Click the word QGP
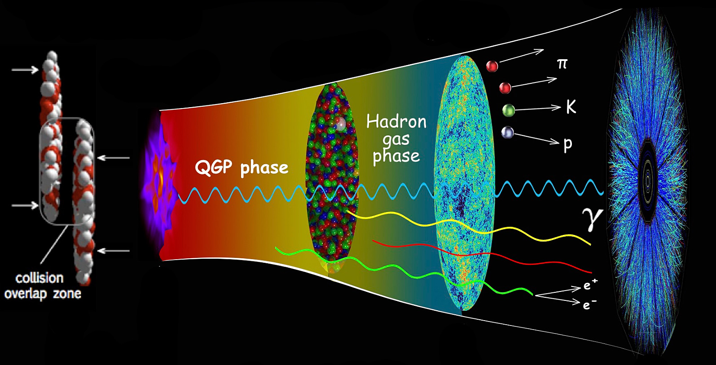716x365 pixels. (213, 168)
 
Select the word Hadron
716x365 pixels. (396, 122)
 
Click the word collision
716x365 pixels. (40, 278)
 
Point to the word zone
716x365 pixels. (67, 293)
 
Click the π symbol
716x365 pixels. (562, 64)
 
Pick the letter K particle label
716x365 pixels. (571, 107)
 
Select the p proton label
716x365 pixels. (567, 145)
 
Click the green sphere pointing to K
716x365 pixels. (508, 110)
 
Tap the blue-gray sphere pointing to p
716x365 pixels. (507, 133)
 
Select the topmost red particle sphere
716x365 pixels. (492, 66)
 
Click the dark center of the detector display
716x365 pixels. (648, 181)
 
